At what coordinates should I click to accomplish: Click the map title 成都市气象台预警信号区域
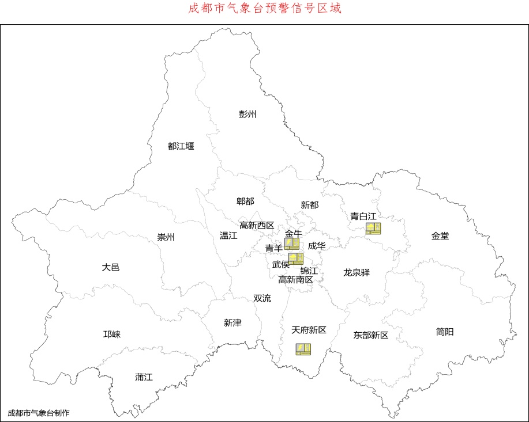(265, 9)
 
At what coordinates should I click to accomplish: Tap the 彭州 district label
(247, 113)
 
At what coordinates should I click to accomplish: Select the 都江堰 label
(181, 146)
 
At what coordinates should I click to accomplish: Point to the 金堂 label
(440, 235)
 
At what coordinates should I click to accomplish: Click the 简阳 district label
(445, 332)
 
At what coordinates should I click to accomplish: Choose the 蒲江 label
(144, 377)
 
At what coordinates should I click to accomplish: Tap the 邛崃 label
(112, 334)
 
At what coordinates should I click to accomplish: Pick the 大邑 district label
(111, 267)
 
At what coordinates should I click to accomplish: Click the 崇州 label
(166, 237)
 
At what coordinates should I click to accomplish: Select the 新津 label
(232, 323)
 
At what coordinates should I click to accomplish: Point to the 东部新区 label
(371, 335)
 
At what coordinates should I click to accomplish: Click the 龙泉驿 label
(357, 272)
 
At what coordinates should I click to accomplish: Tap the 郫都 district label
(245, 201)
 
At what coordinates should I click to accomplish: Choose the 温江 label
(228, 235)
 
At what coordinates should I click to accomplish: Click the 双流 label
(262, 298)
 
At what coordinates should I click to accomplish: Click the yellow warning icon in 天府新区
(303, 349)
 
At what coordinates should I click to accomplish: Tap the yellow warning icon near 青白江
(373, 229)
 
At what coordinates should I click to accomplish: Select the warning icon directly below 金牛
(291, 244)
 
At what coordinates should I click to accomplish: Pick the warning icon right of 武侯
(296, 258)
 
